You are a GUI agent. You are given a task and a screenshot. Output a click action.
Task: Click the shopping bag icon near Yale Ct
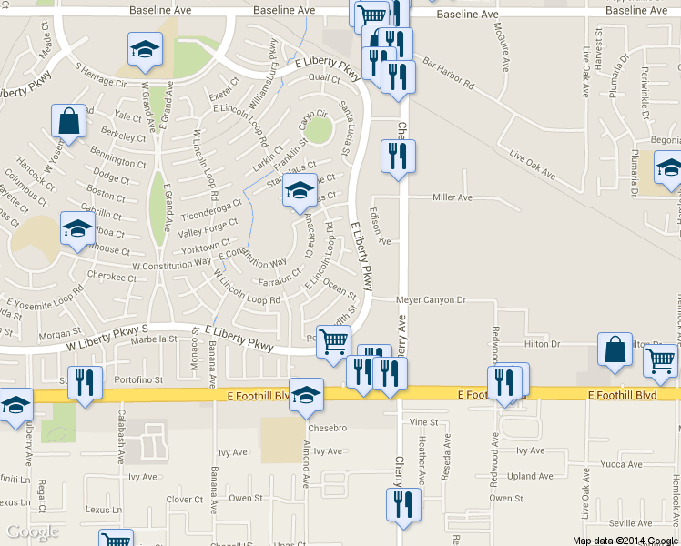[69, 119]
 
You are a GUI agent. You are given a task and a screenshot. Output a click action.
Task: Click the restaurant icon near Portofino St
[84, 382]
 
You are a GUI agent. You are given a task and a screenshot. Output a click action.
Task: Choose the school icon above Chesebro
[306, 395]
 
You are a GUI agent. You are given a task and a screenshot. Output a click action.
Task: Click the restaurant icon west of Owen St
[401, 505]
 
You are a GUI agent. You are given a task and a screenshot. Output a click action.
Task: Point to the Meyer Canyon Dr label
[431, 299]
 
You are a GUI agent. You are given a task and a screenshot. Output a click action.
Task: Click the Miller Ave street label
[452, 197]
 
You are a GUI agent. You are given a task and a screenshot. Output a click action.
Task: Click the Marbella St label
[153, 339]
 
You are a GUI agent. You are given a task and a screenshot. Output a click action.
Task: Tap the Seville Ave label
[630, 522]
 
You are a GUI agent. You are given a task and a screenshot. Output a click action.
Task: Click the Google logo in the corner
[32, 531]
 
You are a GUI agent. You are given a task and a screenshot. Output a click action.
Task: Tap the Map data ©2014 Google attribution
[625, 540]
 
